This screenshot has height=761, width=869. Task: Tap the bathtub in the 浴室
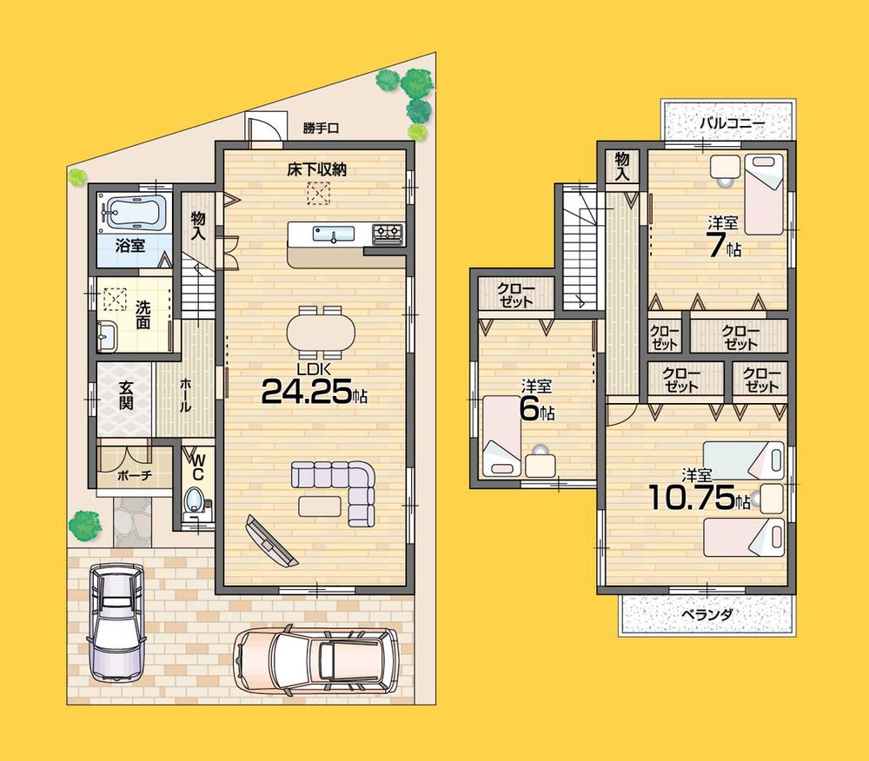pyautogui.click(x=134, y=211)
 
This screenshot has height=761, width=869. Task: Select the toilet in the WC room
pyautogui.click(x=196, y=501)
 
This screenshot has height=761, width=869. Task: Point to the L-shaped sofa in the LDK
pyautogui.click(x=343, y=488)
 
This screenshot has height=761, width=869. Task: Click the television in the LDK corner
pyautogui.click(x=271, y=539)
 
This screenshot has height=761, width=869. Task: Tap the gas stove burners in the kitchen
pyautogui.click(x=388, y=232)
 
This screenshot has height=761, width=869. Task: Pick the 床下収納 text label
pyautogui.click(x=317, y=169)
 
